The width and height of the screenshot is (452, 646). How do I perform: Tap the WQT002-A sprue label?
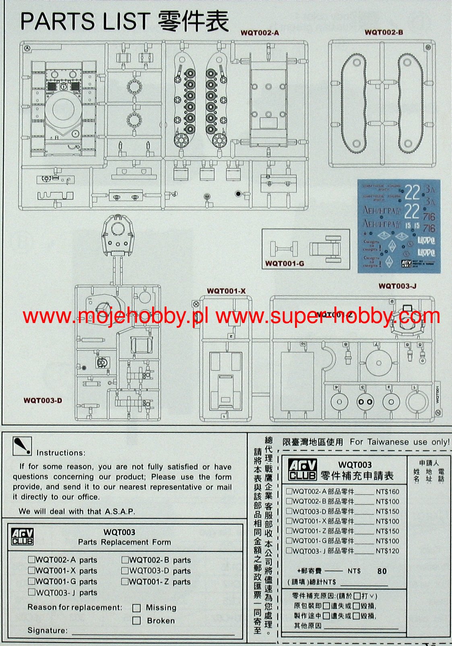260,33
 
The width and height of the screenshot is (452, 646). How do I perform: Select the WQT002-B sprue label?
384,32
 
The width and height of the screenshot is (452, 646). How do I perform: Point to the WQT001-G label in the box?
285,263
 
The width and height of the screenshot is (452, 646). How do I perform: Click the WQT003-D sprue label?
43,400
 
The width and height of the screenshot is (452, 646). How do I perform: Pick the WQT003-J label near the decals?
397,286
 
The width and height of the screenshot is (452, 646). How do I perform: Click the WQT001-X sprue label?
226,291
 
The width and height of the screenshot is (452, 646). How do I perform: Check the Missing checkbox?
137,608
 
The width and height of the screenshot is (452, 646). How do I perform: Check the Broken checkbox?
137,621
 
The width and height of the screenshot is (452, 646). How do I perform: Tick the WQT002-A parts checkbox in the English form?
31,560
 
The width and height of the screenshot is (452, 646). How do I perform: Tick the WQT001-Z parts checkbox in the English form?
125,581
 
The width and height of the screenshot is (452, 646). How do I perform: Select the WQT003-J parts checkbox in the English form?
31,592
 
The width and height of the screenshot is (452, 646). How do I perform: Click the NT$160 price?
387,492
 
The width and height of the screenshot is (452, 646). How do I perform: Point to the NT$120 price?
387,551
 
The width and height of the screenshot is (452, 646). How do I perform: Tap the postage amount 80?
382,571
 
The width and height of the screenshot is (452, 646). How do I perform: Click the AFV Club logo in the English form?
22,537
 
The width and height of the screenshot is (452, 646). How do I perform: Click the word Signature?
47,630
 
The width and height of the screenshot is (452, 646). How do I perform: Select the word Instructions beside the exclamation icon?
61,453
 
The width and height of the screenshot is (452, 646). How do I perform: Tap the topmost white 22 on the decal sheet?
412,193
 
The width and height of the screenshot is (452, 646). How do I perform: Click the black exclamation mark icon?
22,446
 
